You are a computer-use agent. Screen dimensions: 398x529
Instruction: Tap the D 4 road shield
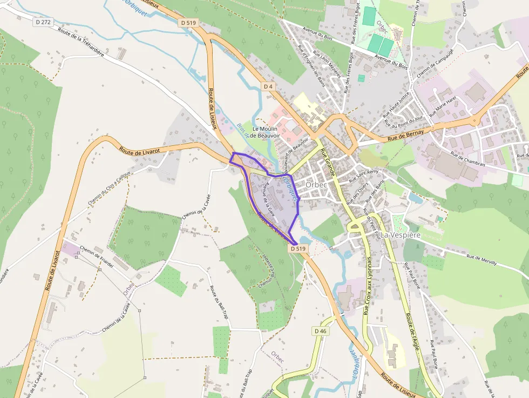269,86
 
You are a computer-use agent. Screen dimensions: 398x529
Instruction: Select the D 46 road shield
320,331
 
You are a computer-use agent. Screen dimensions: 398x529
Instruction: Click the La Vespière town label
400,235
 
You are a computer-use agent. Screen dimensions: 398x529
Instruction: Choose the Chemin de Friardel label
97,257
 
